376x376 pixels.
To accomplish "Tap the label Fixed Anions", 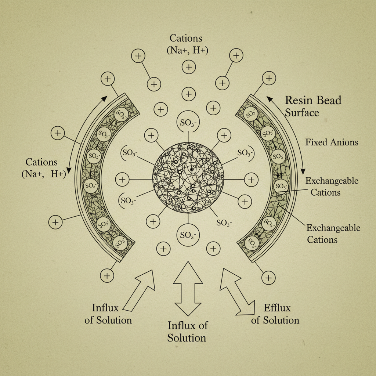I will pos(332,142).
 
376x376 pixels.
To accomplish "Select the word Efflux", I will pos(277,308).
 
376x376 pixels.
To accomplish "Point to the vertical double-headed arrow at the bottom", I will pos(188,289).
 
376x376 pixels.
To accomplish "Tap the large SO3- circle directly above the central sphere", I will pos(188,123).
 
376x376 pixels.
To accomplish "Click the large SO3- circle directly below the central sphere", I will pos(188,235).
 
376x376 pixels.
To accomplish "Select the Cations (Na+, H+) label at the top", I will pos(188,44).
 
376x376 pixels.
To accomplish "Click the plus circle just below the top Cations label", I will pos(189,67).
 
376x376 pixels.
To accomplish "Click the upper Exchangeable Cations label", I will pos(332,186).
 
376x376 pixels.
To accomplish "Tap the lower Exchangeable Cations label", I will pos(333,234).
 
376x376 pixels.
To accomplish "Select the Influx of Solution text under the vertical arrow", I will pos(187,331).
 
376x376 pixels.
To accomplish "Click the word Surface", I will pos(302,113).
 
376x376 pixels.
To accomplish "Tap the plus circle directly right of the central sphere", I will pos(251,180).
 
